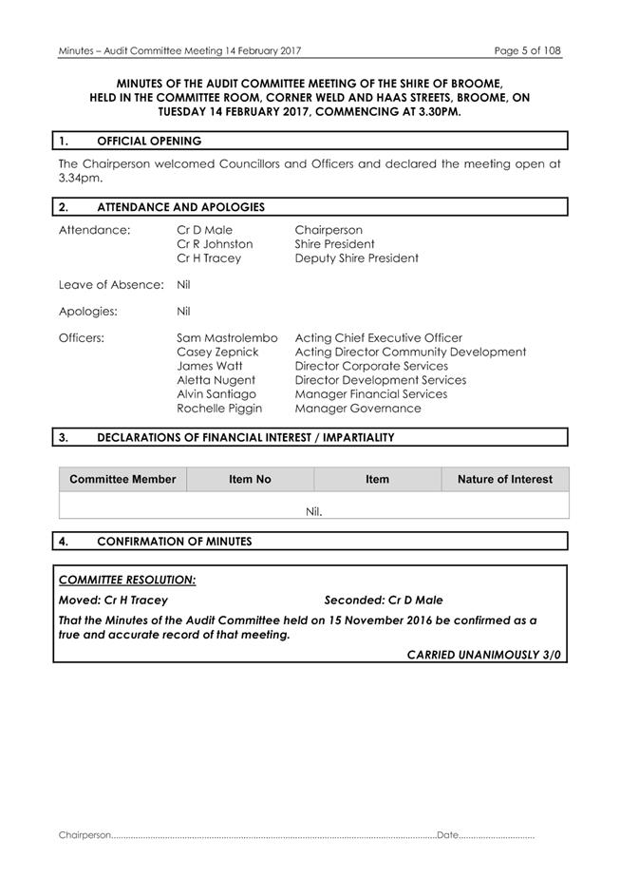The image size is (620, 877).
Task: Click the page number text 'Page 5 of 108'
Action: pos(527,50)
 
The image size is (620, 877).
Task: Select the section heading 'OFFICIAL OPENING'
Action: pos(149,141)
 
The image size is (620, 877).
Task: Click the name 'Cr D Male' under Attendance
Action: pos(204,230)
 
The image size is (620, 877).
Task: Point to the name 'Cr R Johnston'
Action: pos(215,244)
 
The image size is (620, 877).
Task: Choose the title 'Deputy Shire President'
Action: pos(356,258)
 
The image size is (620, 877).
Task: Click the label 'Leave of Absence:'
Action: pos(111,284)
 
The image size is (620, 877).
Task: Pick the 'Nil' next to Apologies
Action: pos(183,311)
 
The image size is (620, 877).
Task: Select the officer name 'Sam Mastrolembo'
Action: pos(227,337)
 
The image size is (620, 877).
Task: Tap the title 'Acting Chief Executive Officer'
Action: pos(379,337)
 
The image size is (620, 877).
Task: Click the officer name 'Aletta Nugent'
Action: pos(216,380)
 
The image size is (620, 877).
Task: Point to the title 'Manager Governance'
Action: pos(358,409)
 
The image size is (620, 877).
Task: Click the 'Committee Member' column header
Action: pos(122,479)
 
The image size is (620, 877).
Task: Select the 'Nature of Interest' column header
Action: pos(504,479)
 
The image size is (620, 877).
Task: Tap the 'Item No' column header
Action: pos(250,479)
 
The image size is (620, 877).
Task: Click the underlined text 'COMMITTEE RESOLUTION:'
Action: pos(127,580)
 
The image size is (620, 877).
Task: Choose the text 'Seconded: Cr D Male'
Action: pos(384,601)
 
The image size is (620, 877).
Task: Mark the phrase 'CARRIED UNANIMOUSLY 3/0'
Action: pos(484,655)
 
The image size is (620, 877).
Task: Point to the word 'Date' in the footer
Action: pos(447,835)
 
